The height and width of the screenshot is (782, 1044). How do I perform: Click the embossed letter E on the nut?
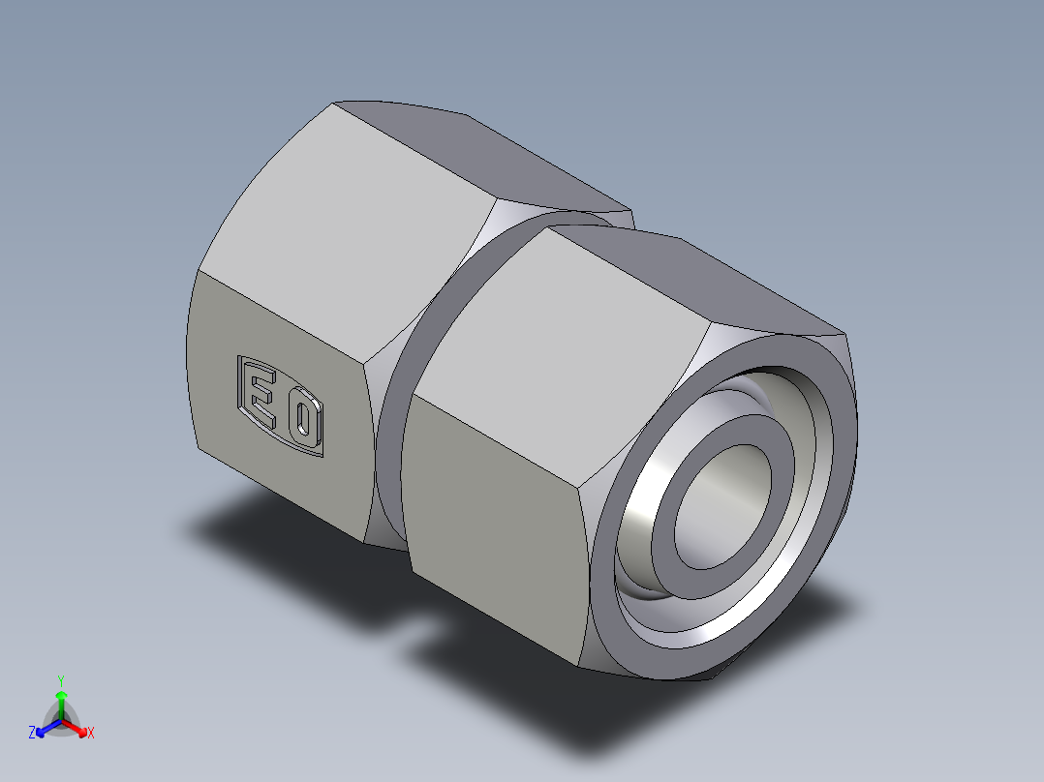coord(260,393)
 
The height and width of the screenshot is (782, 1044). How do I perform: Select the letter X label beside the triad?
coord(91,734)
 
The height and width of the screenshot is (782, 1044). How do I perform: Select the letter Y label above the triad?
coord(61,680)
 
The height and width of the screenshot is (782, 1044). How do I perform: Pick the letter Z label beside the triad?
coord(32,734)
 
